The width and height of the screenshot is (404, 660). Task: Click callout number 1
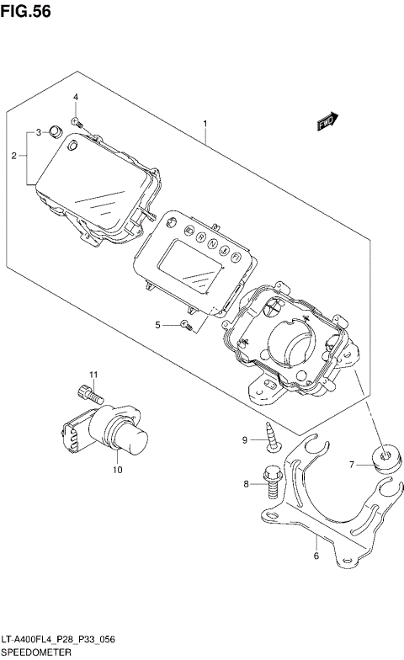pos(205,124)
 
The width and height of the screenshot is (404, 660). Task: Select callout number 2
pos(14,156)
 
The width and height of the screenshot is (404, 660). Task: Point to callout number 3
pos(38,133)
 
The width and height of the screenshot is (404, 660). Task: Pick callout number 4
pos(75,98)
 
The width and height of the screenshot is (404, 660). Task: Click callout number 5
pos(157,324)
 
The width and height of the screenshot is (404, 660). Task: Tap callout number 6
pos(316,556)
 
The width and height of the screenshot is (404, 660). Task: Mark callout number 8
pos(247,484)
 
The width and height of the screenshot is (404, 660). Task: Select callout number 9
pos(245,439)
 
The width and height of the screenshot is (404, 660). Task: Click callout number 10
pos(118,469)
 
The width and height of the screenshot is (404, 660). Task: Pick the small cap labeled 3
pos(55,130)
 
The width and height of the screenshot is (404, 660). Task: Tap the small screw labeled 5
pos(188,324)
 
